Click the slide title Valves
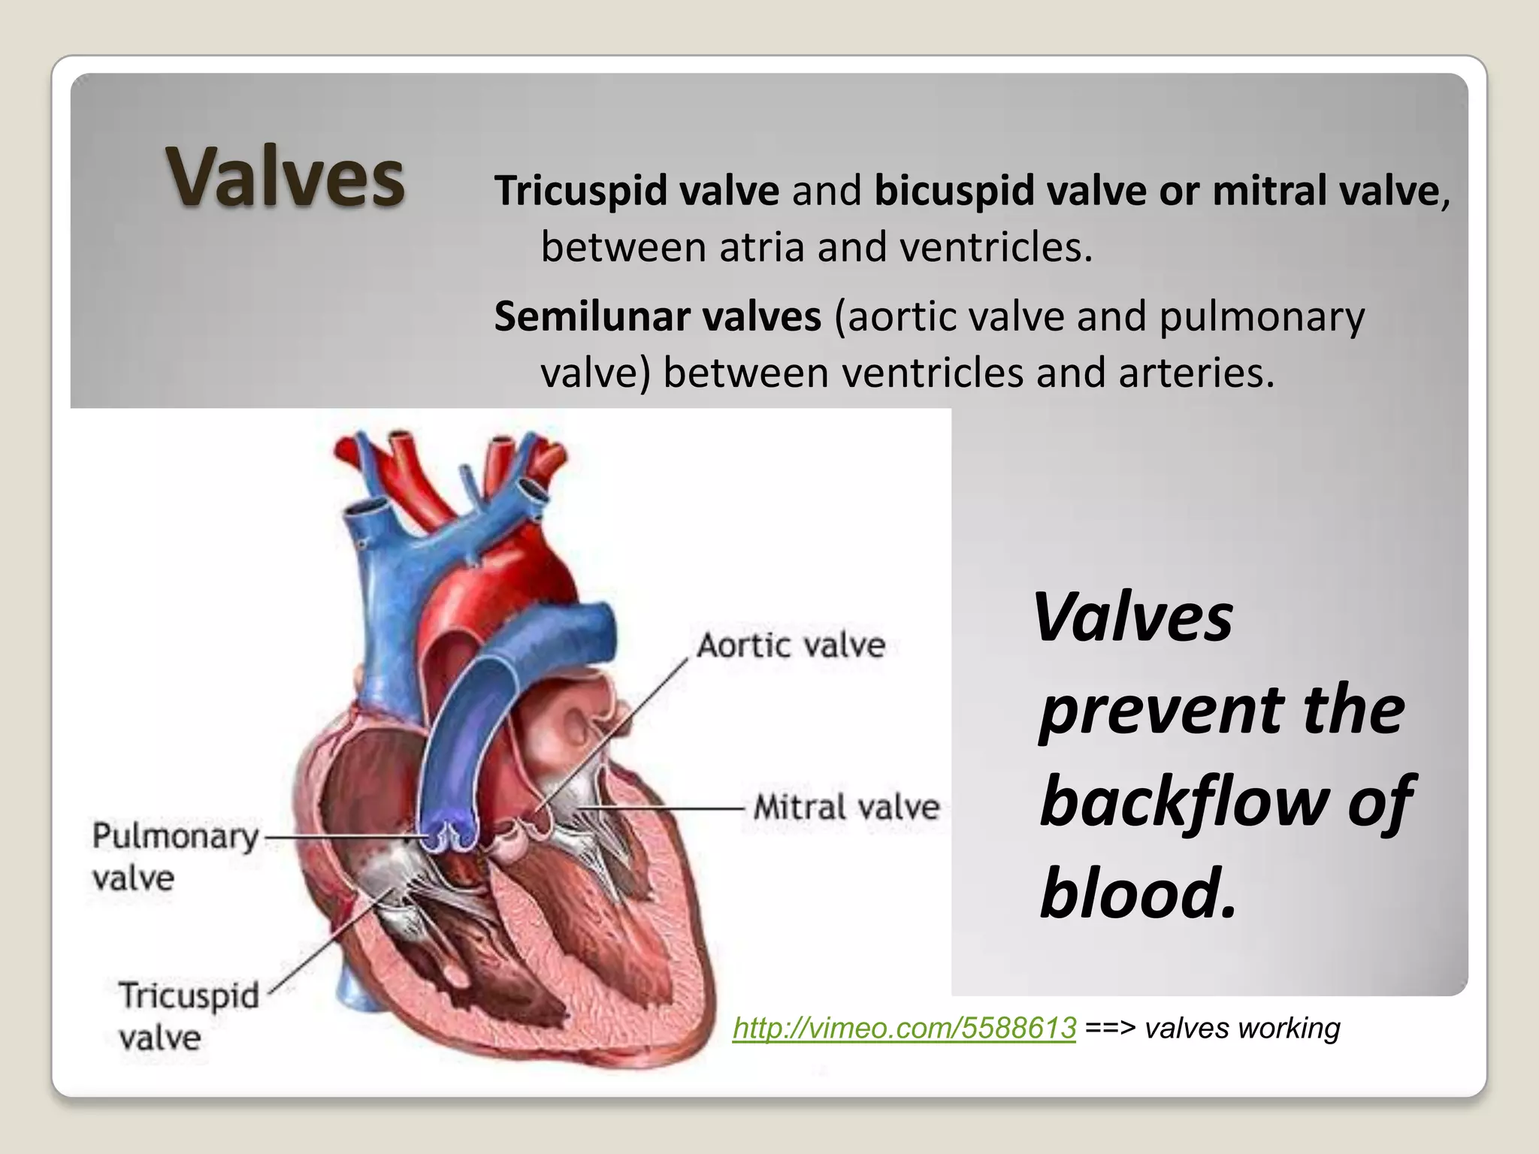pos(285,177)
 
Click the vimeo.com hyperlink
pos(904,1028)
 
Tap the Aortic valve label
pos(791,645)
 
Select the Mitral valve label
pos(846,808)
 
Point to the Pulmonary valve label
pos(174,856)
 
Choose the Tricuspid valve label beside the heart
pos(189,1016)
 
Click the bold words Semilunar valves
pos(658,316)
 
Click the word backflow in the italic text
pos(1183,802)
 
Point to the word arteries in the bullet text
pos(1196,373)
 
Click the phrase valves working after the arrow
pos(1242,1028)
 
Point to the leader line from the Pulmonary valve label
pos(338,835)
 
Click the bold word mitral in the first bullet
pos(1259,191)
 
